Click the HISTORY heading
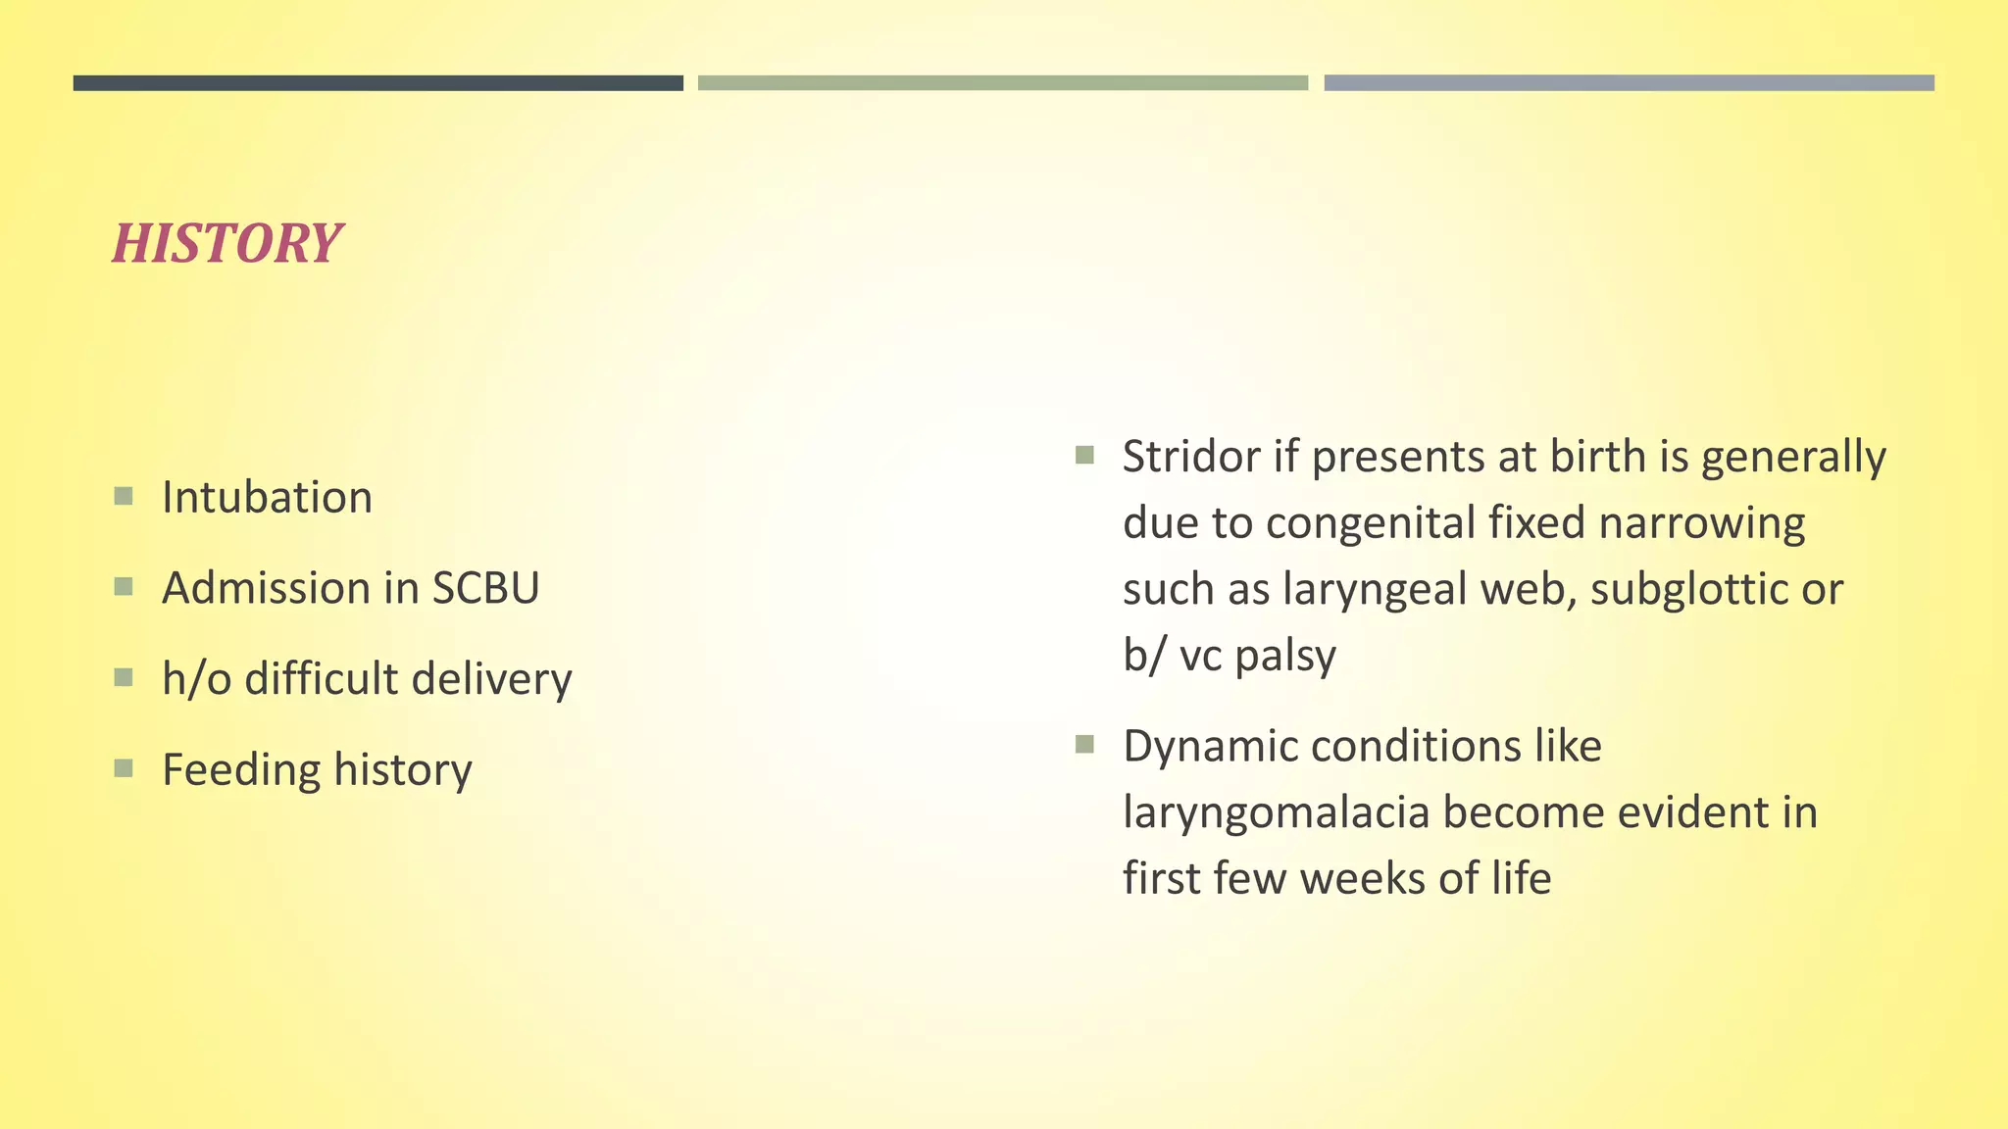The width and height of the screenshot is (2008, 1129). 226,243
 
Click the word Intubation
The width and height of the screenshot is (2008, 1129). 267,498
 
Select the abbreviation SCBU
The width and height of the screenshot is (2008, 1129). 485,588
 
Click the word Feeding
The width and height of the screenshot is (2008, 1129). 240,770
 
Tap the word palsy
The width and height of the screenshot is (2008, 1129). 1285,656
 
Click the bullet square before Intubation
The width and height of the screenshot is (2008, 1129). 124,496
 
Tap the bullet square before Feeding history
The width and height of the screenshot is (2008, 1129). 124,768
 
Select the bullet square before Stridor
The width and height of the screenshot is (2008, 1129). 1084,455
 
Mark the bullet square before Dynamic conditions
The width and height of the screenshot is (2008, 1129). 1084,745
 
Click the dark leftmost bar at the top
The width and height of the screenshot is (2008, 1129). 377,83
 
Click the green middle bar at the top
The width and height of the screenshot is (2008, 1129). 1003,83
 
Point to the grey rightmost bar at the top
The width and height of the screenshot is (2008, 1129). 1629,83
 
